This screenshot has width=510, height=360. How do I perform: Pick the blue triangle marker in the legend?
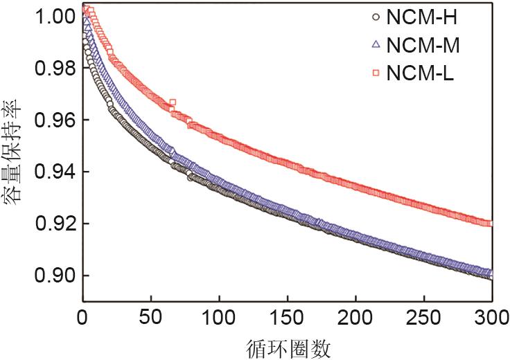click(x=376, y=45)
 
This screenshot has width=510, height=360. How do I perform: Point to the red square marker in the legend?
click(x=376, y=72)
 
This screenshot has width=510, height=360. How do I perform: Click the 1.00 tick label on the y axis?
click(x=53, y=15)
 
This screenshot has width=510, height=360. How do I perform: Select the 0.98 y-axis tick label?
click(x=53, y=68)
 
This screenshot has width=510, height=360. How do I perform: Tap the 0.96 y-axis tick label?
click(x=53, y=120)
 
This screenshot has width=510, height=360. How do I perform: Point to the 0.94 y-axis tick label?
click(x=53, y=172)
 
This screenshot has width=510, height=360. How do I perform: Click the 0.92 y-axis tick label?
click(x=53, y=224)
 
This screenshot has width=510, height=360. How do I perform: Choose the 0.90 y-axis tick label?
click(x=53, y=276)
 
